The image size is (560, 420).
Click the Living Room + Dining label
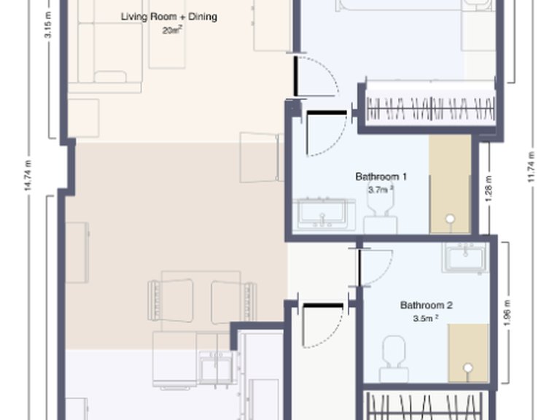(x=168, y=17)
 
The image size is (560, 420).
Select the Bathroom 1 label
(x=381, y=176)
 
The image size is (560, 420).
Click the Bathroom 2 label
(x=427, y=306)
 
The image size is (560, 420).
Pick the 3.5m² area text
(x=426, y=319)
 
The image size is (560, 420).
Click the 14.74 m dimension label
(x=27, y=176)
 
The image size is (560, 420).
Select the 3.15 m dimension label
(x=48, y=33)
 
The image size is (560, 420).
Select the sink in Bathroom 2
(x=464, y=258)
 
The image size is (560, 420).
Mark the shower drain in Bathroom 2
(x=468, y=367)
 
